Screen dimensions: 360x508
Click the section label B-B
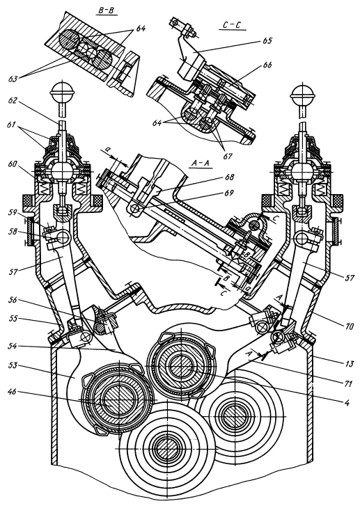coord(107,10)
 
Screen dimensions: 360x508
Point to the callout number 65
coord(267,41)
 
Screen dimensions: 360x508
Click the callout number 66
coord(267,65)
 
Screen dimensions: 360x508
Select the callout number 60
coord(14,164)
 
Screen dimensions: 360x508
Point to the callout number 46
coord(13,391)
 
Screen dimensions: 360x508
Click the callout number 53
coord(14,366)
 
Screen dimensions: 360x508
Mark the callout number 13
coord(348,364)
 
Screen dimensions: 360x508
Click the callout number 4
coord(347,403)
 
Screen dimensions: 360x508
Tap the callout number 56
coord(14,300)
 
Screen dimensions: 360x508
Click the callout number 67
coord(228,156)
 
